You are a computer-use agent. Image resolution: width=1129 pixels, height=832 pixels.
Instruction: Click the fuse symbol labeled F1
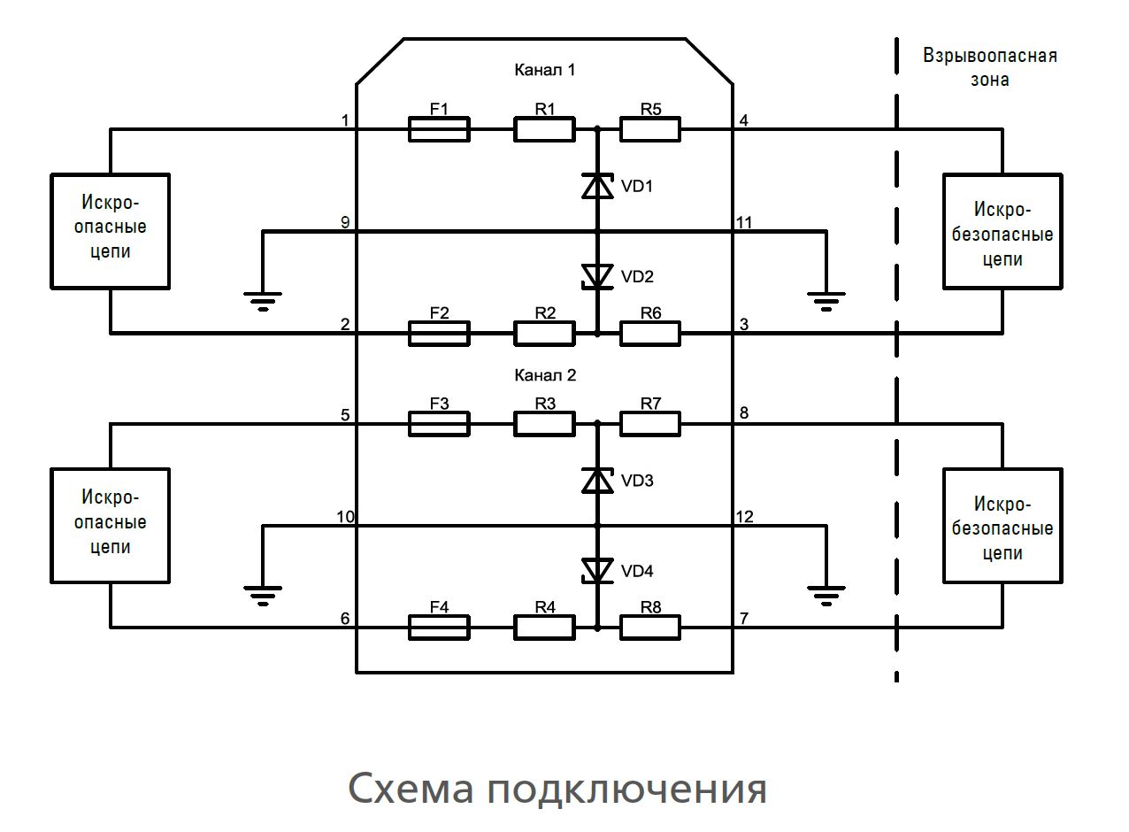439,129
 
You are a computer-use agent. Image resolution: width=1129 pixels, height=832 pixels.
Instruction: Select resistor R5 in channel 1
650,129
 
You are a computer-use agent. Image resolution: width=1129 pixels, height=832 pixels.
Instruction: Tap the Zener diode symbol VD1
597,187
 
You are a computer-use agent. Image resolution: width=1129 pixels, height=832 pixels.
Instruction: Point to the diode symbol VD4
597,571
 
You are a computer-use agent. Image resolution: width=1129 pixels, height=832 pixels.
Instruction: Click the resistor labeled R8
650,628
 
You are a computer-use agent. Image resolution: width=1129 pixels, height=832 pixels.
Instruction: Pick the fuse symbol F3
439,424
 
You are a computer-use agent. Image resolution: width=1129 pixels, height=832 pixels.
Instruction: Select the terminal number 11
744,222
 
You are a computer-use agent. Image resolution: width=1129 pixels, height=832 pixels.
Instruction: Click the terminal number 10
345,516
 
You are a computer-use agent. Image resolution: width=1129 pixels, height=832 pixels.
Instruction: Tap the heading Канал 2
545,375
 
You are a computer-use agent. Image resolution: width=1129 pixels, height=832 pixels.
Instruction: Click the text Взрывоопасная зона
990,67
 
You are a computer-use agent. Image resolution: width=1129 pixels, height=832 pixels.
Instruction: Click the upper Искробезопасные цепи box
1002,232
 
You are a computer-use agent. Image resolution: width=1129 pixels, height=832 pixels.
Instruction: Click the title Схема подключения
557,788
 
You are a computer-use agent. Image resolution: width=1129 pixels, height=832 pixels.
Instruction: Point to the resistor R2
545,334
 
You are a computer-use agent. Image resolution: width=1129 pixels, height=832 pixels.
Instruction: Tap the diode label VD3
637,481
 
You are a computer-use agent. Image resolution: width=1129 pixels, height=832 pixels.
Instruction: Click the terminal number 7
744,618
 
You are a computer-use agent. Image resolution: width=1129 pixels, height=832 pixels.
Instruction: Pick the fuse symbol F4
439,628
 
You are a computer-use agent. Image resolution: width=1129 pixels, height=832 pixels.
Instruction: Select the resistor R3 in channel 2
545,424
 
